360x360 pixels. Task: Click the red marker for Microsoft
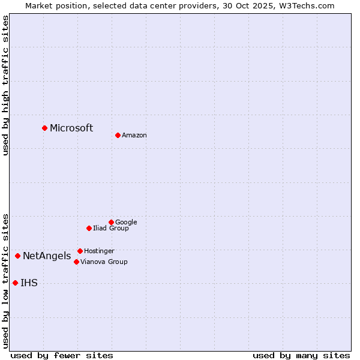click(44, 128)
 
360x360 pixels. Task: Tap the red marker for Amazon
click(118, 135)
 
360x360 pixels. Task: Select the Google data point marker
click(111, 222)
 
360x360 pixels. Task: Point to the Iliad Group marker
click(89, 228)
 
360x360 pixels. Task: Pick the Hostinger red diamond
click(80, 251)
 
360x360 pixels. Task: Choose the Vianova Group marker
click(76, 262)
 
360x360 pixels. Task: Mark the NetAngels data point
click(17, 256)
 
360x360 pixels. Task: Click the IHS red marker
click(15, 283)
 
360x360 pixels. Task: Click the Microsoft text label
click(71, 128)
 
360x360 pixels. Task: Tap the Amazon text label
click(134, 135)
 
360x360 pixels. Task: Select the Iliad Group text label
click(111, 228)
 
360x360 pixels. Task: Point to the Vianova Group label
click(104, 262)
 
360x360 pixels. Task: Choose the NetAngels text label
click(47, 256)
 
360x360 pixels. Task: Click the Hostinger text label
click(99, 251)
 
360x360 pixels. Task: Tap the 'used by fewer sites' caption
click(62, 355)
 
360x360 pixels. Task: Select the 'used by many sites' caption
click(301, 355)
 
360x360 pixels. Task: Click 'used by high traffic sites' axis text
click(5, 85)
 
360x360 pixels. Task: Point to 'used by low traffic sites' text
click(5, 280)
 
